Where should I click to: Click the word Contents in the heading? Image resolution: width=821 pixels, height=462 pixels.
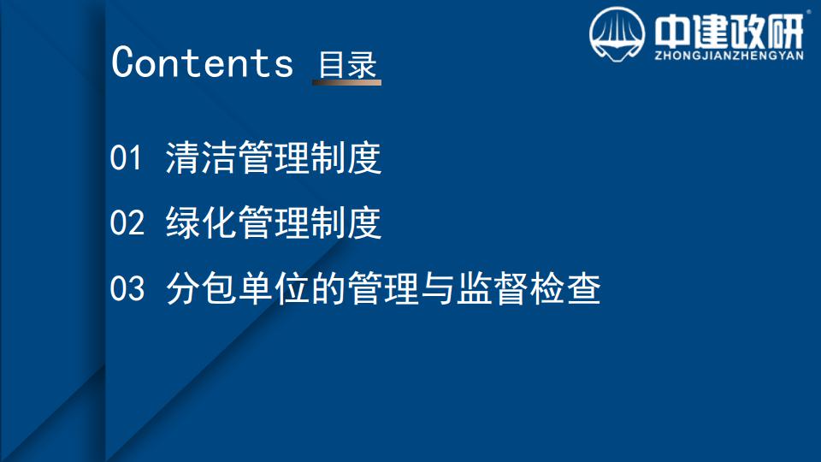(202, 62)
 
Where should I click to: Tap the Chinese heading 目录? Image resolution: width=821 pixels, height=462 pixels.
(348, 65)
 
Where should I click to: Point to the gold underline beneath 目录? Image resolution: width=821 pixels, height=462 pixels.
(346, 82)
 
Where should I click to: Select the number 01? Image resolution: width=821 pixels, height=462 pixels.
(126, 157)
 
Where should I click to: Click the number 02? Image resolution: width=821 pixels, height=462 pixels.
(127, 222)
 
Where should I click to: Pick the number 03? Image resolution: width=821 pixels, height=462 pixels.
(127, 287)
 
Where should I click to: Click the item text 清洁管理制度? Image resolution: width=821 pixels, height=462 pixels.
(274, 157)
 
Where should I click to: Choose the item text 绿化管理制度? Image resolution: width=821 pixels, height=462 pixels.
(274, 222)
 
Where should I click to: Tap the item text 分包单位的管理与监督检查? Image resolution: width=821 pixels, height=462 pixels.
(383, 288)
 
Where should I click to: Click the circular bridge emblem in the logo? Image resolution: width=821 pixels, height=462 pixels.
(617, 34)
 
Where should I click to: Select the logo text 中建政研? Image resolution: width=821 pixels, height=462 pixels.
(729, 32)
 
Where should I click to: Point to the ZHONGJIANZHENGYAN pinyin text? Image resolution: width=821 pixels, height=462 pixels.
(729, 56)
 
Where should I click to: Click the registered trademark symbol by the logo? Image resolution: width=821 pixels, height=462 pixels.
(809, 11)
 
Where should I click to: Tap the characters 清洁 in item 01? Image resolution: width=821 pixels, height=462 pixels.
(201, 157)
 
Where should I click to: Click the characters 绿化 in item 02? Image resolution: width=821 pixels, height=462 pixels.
(201, 222)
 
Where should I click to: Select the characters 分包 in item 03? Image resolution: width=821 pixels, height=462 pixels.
(201, 288)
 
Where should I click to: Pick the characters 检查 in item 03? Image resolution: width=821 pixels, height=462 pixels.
(565, 288)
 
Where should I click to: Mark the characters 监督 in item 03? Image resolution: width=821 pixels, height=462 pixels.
(492, 288)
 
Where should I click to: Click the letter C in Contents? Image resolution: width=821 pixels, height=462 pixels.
(123, 62)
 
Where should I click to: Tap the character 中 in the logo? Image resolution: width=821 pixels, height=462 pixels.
(672, 32)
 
